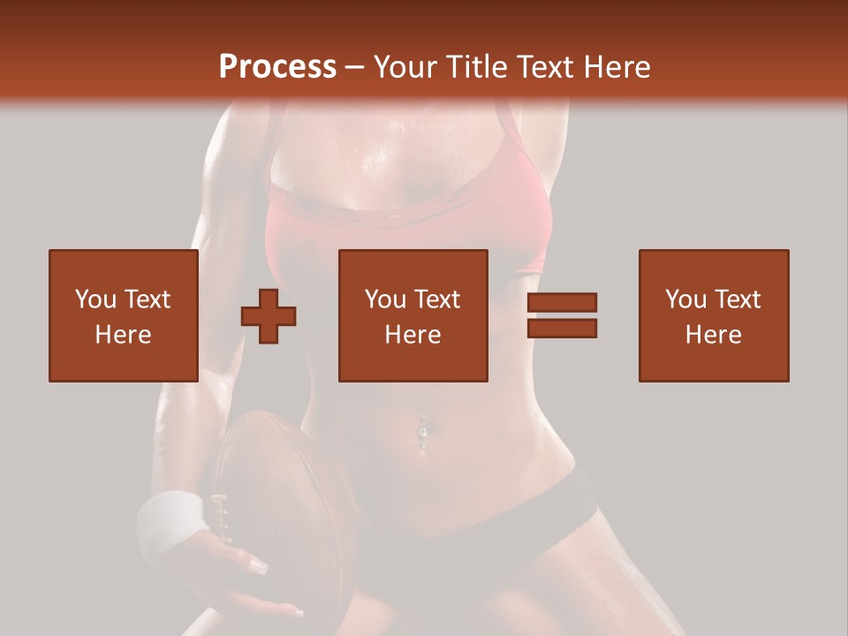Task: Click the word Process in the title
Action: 277,67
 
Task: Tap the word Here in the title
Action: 616,67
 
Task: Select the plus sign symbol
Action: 269,315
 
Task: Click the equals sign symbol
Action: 562,315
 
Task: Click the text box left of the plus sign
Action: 124,315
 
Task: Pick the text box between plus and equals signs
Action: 413,315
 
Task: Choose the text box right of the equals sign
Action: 714,315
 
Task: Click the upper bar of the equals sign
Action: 562,303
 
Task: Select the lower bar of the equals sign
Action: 562,328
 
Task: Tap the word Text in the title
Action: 546,67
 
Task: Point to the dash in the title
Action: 354,68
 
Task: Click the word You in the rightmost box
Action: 685,299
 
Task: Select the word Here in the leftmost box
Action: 124,335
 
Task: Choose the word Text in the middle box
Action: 435,299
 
